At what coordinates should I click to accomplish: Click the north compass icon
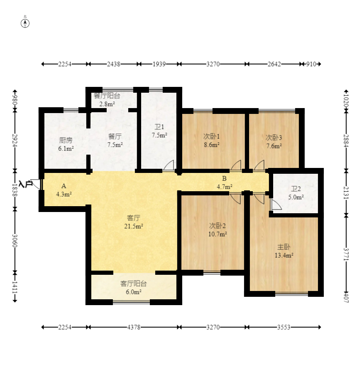[x=25, y=23]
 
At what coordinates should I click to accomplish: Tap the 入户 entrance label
[x=26, y=184]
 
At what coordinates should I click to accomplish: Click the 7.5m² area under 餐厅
[x=115, y=145]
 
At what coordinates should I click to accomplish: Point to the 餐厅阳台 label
[x=107, y=96]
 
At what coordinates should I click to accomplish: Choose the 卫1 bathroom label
[x=159, y=127]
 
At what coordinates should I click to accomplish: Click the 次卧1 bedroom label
[x=211, y=136]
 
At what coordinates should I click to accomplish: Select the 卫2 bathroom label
[x=296, y=189]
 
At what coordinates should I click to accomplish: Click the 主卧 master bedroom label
[x=284, y=247]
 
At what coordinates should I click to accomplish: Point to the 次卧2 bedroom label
[x=217, y=226]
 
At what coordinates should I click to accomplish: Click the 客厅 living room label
[x=133, y=217]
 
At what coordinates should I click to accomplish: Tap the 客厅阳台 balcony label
[x=133, y=284]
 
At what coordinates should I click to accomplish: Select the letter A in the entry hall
[x=64, y=186]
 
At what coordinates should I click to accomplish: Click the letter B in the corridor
[x=224, y=179]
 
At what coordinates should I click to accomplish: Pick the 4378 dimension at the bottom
[x=134, y=327]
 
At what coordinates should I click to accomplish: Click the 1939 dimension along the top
[x=159, y=64]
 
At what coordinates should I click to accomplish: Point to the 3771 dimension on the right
[x=346, y=253]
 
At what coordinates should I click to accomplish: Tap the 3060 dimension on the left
[x=15, y=240]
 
